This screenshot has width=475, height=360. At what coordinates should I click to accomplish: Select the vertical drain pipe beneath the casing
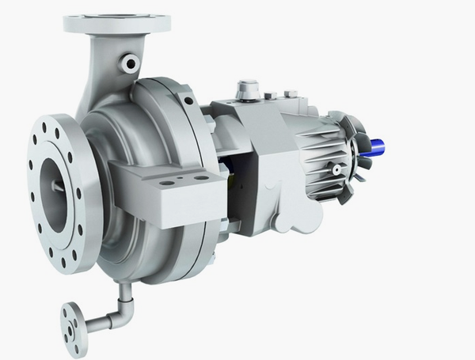click(x=124, y=295)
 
